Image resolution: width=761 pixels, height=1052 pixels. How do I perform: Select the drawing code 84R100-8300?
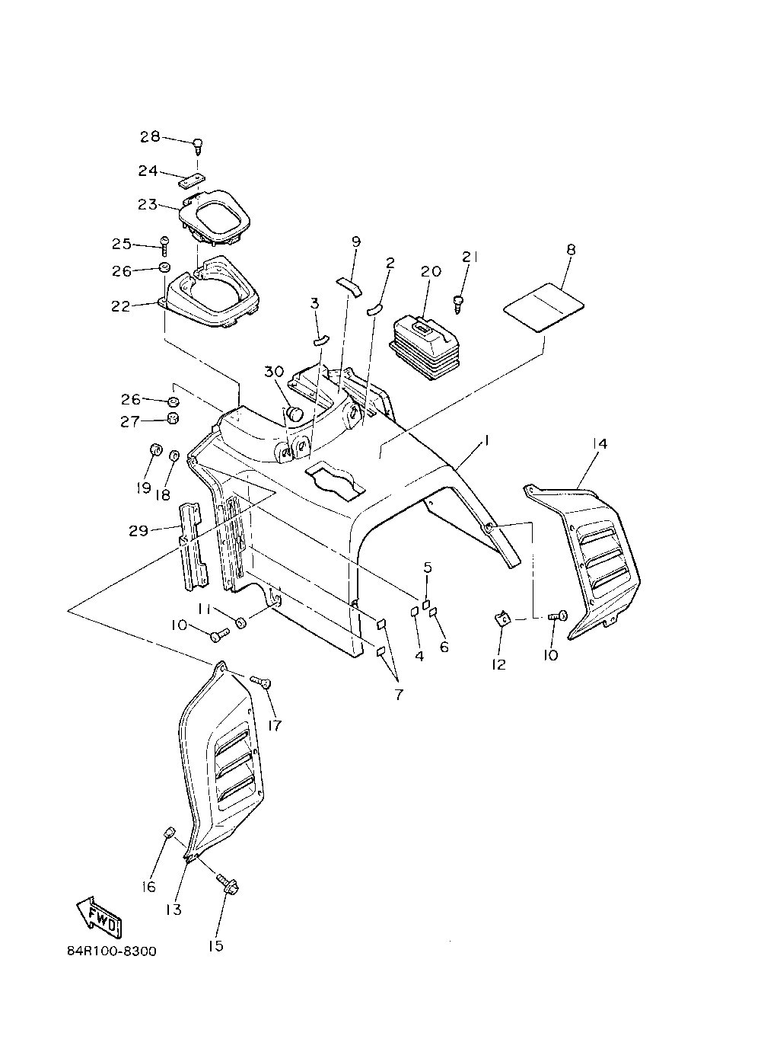(111, 951)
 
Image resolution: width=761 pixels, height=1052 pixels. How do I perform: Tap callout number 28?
(150, 137)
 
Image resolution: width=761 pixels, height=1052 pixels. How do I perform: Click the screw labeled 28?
(198, 143)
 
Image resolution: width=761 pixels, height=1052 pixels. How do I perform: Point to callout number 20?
(431, 272)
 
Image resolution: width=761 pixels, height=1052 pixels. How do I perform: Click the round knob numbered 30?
(294, 413)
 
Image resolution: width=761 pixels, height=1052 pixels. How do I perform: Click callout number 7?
(399, 694)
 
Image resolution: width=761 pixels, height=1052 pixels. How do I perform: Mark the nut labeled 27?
(173, 418)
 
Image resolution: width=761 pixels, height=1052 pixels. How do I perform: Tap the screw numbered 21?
(460, 303)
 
